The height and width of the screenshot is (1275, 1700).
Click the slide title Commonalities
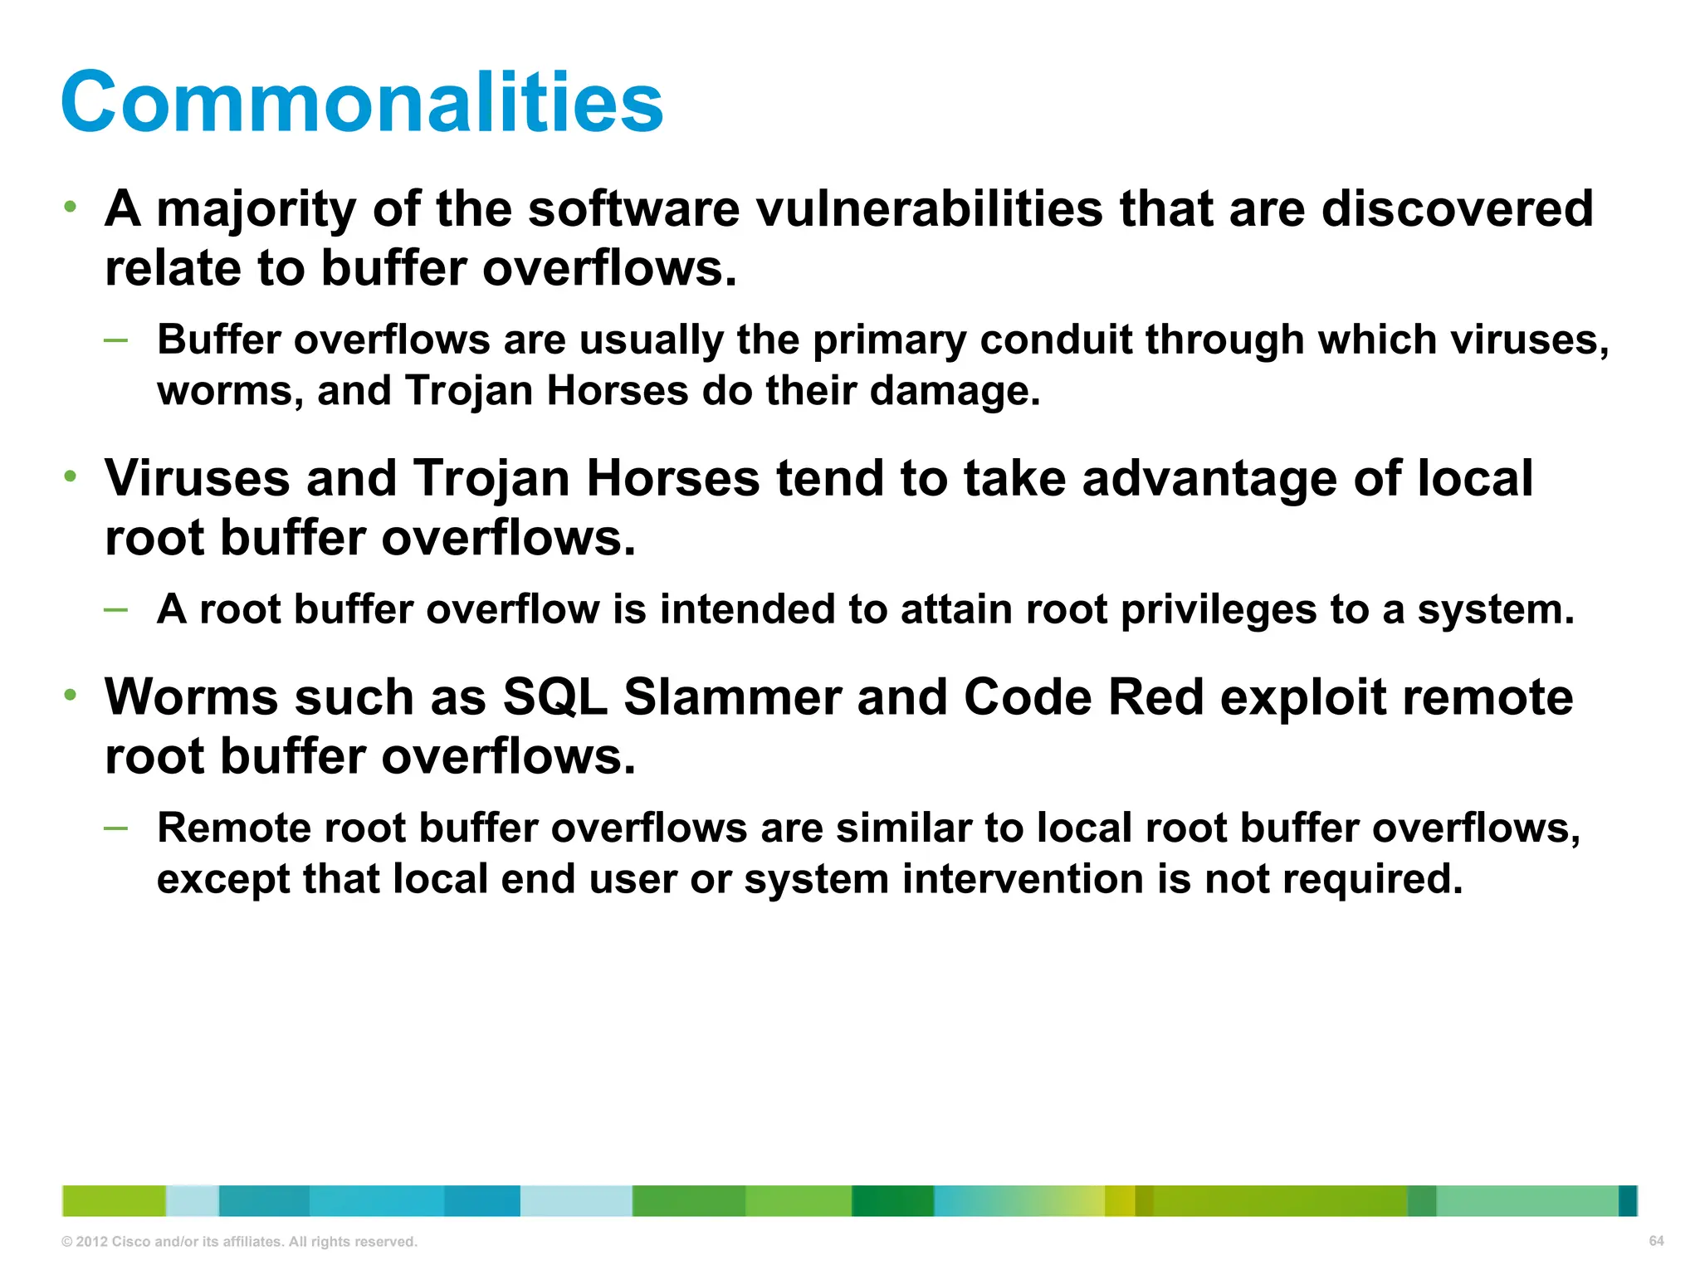tap(362, 102)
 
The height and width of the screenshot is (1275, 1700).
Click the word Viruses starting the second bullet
tap(197, 479)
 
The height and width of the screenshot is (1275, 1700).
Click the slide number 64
tap(1656, 1241)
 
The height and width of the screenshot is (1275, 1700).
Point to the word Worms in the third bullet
tap(191, 697)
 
